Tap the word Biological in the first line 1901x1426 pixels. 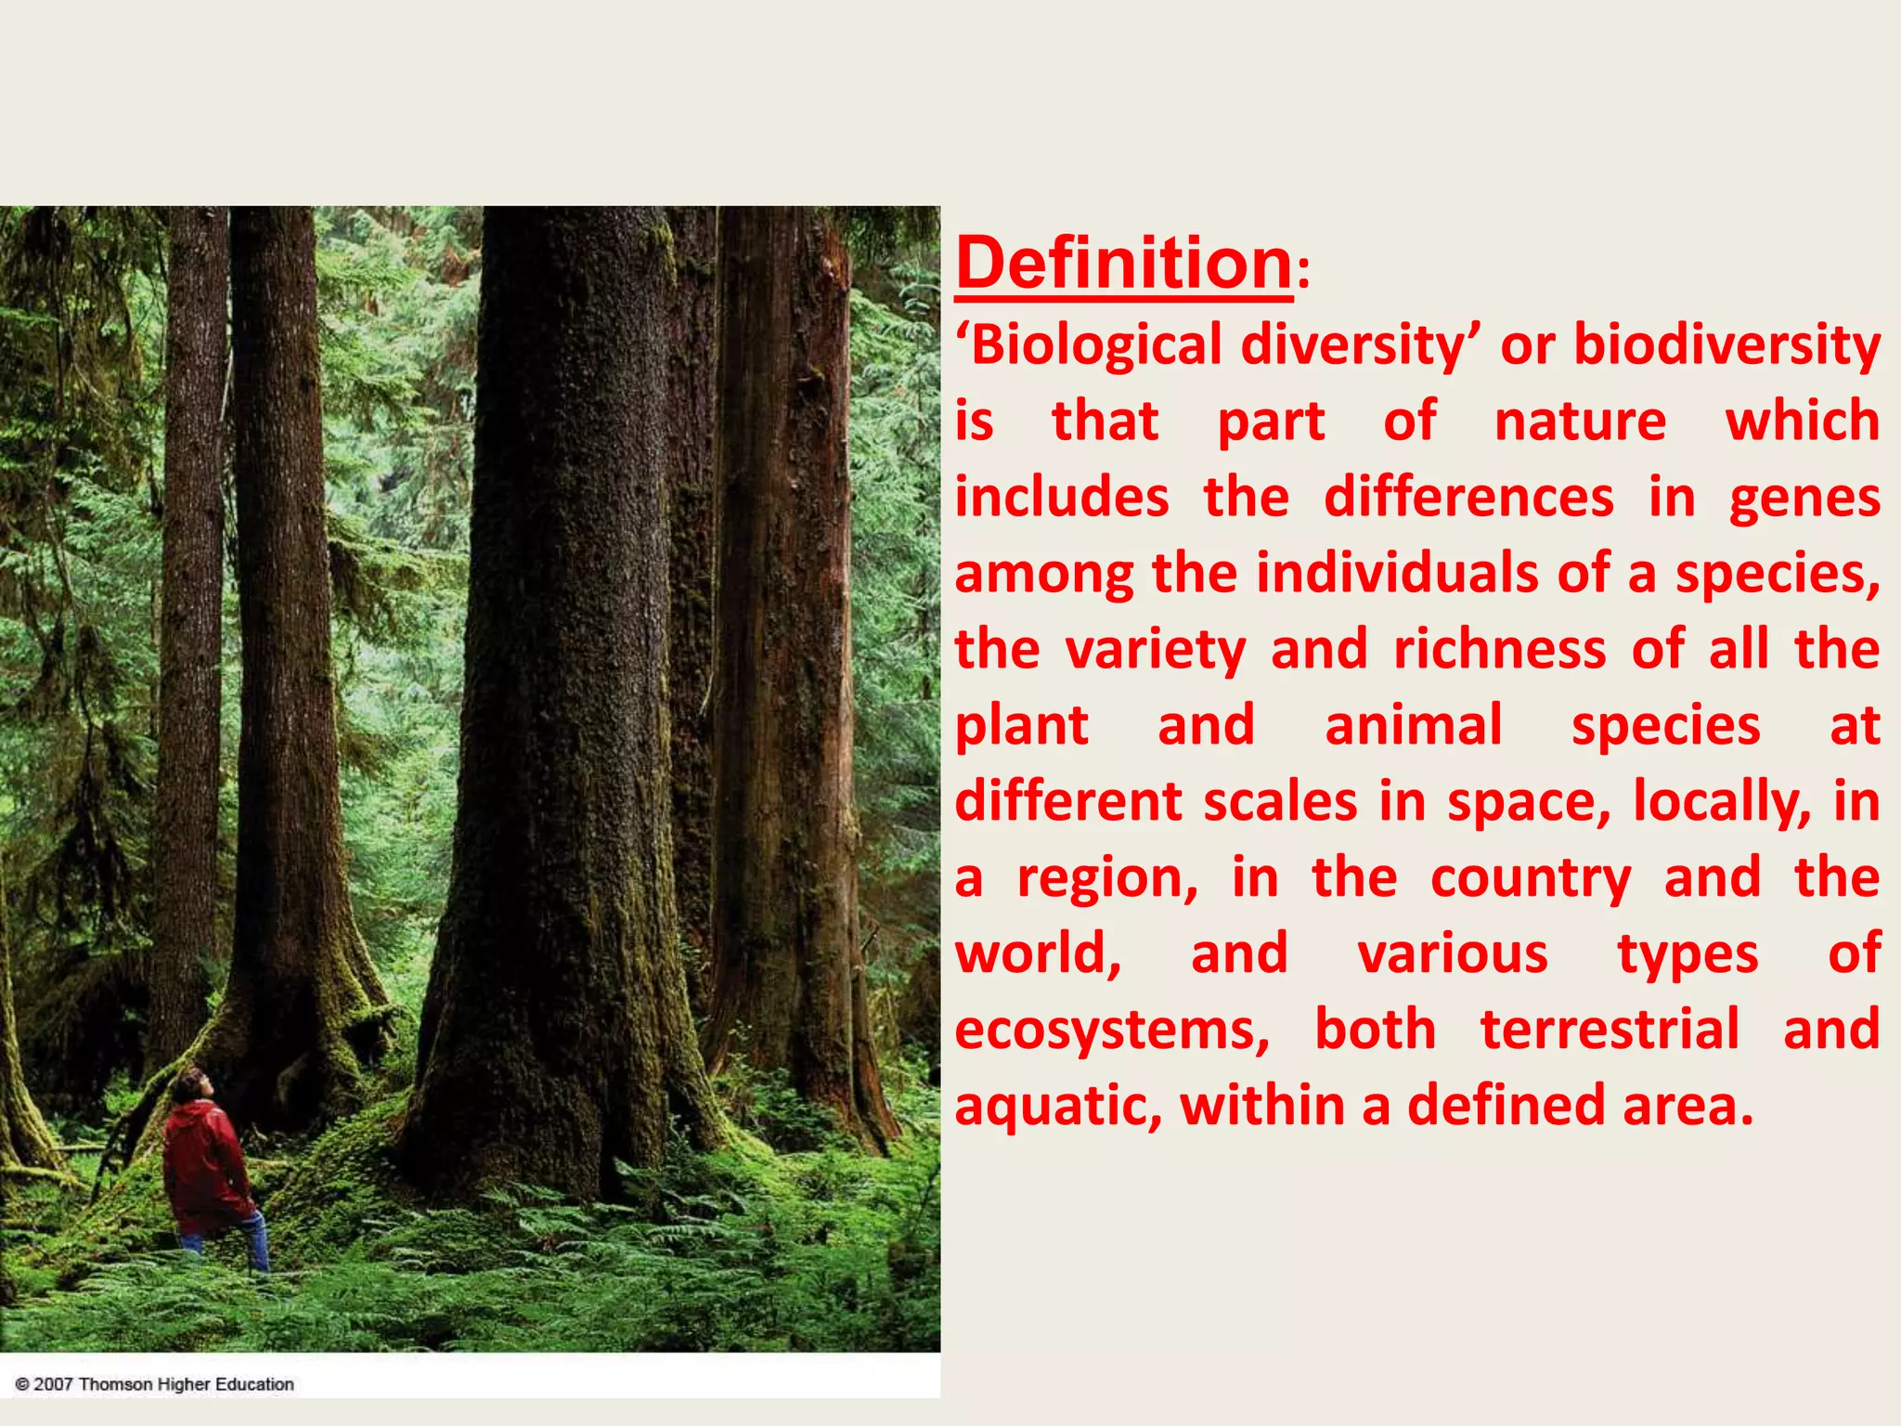(1095, 345)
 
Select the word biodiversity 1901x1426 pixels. (1726, 345)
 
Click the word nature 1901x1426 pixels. (1580, 421)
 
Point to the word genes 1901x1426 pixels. (1804, 499)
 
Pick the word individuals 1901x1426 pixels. (1397, 574)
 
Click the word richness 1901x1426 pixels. (1499, 650)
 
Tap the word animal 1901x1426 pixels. (1413, 726)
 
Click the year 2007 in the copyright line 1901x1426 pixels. (53, 1384)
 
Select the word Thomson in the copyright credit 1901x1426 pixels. (116, 1384)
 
